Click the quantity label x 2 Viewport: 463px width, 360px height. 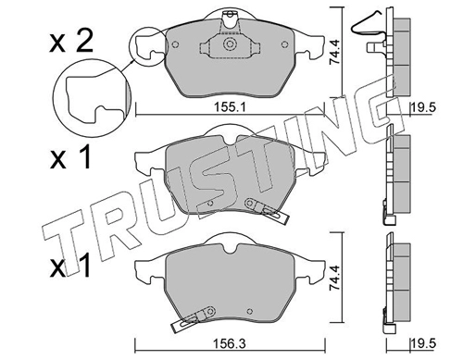(71, 43)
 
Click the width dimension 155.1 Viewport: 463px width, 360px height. (230, 107)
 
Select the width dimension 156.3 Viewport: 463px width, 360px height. (230, 343)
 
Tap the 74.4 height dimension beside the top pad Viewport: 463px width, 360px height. (334, 52)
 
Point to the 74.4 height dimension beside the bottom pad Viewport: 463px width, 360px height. (334, 278)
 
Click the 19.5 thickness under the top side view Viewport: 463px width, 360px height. (423, 107)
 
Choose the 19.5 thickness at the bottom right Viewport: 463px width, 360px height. (423, 343)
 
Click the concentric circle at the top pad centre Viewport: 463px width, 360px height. (230, 44)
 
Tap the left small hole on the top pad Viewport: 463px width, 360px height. (175, 44)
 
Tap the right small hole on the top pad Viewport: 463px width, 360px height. (284, 44)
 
